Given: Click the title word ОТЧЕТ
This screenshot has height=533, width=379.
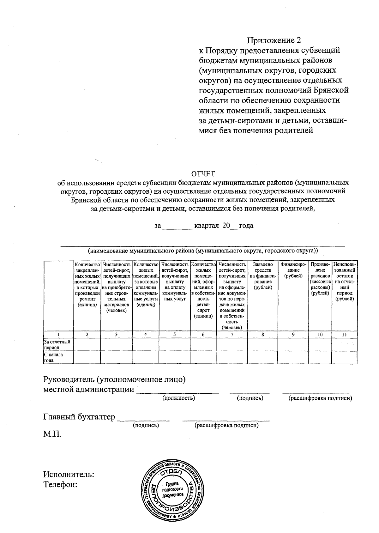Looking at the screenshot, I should (203, 174).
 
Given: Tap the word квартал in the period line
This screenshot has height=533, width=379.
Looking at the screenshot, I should (207, 226).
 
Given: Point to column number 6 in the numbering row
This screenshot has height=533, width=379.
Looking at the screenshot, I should (203, 335).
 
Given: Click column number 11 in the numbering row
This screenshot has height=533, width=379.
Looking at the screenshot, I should (344, 335).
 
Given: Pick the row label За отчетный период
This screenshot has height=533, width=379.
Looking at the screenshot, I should (57, 344).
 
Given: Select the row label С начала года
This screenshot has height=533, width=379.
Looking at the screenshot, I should (54, 357).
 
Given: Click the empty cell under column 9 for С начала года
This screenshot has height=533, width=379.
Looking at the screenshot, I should (293, 357).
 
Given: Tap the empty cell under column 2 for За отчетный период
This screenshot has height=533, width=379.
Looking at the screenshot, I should (87, 344).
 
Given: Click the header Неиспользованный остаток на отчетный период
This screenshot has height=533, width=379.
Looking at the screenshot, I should (344, 282).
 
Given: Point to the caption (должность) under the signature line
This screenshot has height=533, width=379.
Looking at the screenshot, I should (178, 398).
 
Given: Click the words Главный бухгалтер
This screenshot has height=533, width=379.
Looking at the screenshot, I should (79, 417).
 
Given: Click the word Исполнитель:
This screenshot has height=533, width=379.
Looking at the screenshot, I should (69, 474).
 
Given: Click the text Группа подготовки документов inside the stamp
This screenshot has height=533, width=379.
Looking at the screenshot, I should (172, 489).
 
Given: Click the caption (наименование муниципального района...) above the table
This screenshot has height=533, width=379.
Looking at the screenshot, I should (203, 251).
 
